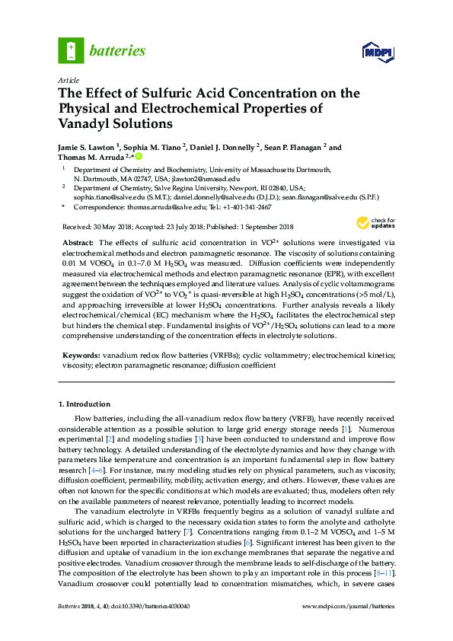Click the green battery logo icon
pyautogui.click(x=71, y=51)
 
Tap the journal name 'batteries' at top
pyautogui.click(x=117, y=51)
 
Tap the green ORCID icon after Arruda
pyautogui.click(x=139, y=157)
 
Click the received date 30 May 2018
pyautogui.click(x=113, y=227)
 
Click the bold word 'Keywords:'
pyautogui.click(x=81, y=355)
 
